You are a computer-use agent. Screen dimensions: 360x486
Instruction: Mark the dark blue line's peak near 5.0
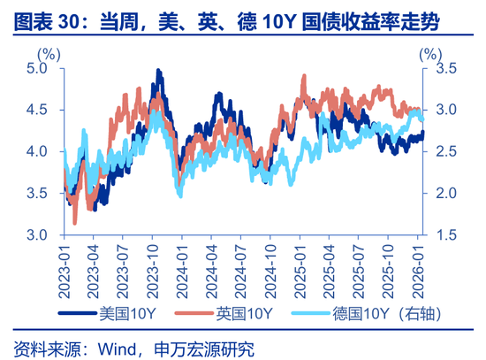(158, 70)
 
